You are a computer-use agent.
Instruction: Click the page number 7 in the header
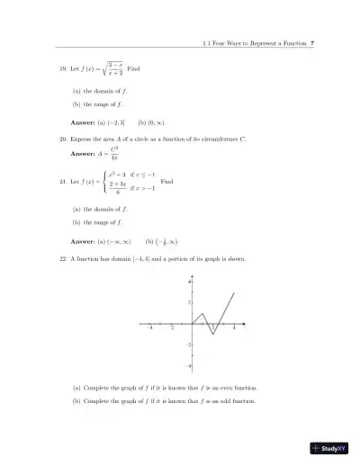coord(311,43)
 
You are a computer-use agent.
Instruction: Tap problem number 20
coord(61,140)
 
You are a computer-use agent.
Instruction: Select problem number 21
coord(61,181)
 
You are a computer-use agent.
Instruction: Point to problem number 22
coord(61,258)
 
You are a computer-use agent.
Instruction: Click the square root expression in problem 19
coord(110,69)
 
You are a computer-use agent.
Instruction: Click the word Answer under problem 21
coord(84,240)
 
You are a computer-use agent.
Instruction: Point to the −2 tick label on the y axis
coord(186,345)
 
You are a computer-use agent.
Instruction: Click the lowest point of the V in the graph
coord(213,334)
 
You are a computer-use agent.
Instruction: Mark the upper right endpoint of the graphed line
coord(234,292)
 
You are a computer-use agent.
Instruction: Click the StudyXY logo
coord(328,447)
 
